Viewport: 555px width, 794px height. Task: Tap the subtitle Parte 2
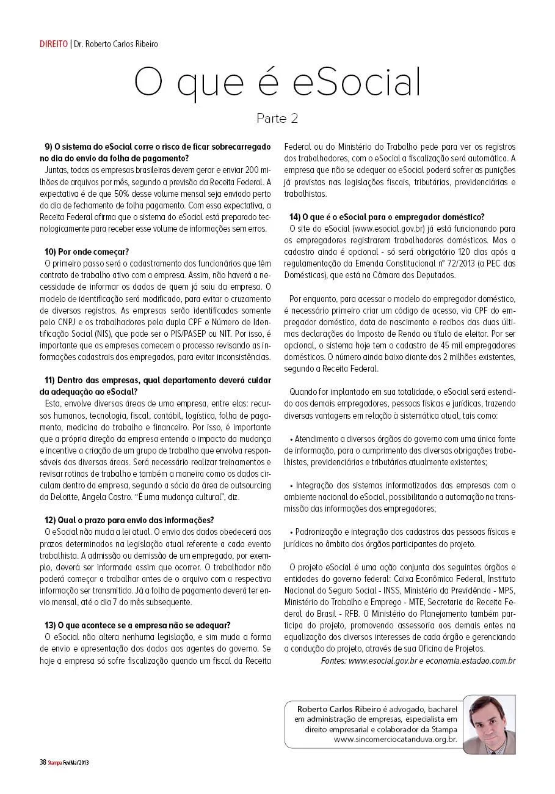[277, 118]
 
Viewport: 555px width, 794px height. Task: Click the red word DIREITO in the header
[54, 44]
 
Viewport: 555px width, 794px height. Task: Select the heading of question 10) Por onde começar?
[87, 251]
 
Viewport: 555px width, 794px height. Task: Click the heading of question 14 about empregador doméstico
[386, 216]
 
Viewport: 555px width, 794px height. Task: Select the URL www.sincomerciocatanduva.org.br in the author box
[395, 739]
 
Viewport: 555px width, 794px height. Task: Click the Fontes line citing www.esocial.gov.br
[418, 661]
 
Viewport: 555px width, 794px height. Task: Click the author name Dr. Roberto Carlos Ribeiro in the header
[115, 44]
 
